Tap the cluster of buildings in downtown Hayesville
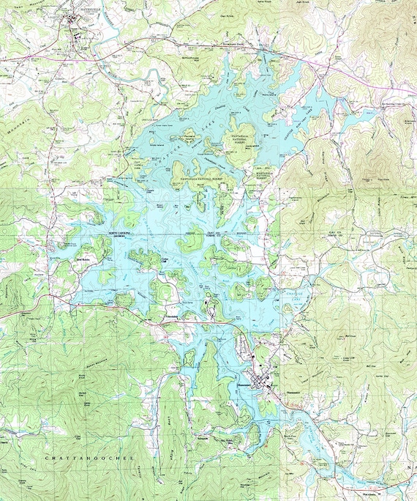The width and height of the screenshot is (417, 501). tap(76, 24)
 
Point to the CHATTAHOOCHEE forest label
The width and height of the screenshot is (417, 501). tap(90, 457)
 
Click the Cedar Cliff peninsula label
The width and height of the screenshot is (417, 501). tap(164, 259)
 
